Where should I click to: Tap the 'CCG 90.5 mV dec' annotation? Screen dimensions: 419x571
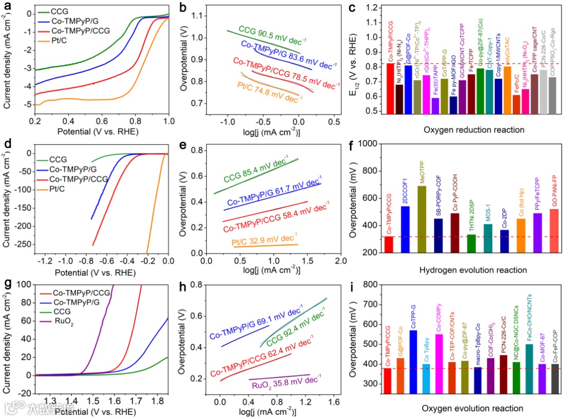point(272,34)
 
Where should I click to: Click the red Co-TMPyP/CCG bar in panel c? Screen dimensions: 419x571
point(391,88)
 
